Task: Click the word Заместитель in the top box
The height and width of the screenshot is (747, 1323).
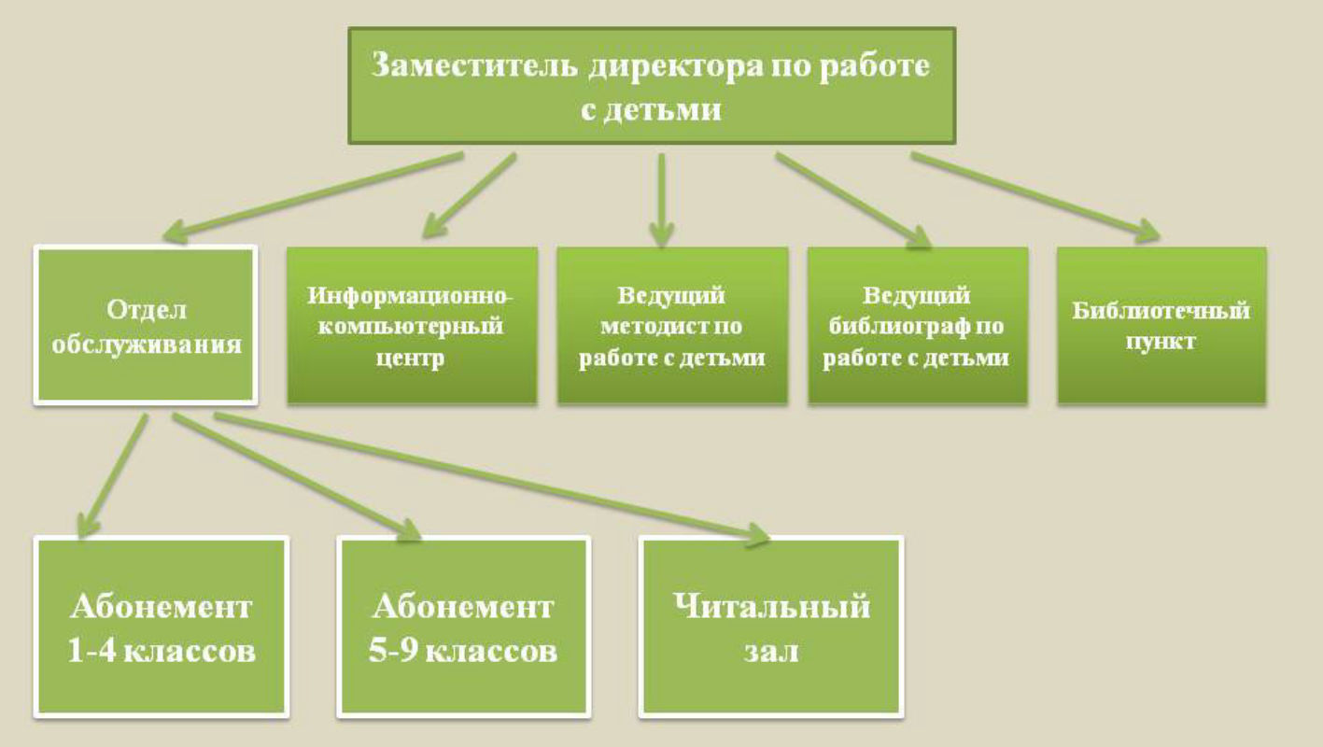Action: point(475,65)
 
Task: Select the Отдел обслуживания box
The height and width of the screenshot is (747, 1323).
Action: point(146,325)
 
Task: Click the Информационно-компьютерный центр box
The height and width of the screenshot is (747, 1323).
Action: point(412,325)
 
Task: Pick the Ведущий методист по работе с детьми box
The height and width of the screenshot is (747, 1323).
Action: point(672,325)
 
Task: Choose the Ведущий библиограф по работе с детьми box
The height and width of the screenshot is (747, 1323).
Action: point(917,325)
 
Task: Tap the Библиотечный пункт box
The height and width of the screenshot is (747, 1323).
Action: point(1161,325)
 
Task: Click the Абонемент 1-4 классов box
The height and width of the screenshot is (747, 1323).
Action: point(162,627)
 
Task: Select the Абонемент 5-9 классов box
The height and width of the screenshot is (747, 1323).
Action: point(464,627)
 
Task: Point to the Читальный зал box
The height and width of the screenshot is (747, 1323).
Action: point(771,627)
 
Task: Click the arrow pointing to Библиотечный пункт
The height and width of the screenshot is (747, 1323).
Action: point(1036,197)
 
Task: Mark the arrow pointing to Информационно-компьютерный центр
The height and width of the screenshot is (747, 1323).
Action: point(469,196)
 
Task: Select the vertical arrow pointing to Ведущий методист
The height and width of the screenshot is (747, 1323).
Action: point(661,200)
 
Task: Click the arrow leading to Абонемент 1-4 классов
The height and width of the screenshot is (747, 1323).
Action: point(112,475)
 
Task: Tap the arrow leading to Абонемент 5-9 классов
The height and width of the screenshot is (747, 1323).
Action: point(297,476)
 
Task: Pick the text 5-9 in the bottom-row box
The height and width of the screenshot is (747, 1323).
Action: point(394,652)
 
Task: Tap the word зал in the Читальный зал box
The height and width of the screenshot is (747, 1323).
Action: point(771,652)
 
